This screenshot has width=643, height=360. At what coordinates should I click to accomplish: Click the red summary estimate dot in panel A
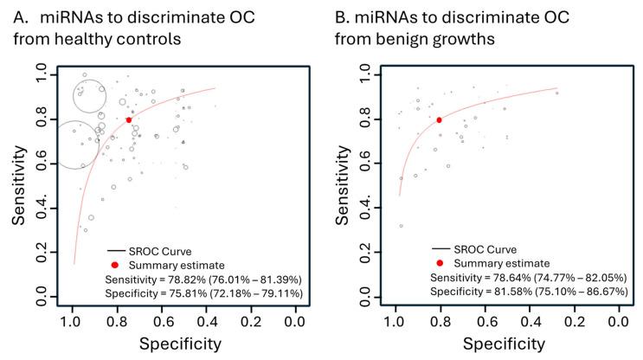[x=128, y=120]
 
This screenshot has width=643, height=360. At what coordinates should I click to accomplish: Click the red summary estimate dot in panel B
[x=439, y=120]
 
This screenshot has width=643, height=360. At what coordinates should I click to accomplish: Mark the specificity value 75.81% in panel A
[x=194, y=296]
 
